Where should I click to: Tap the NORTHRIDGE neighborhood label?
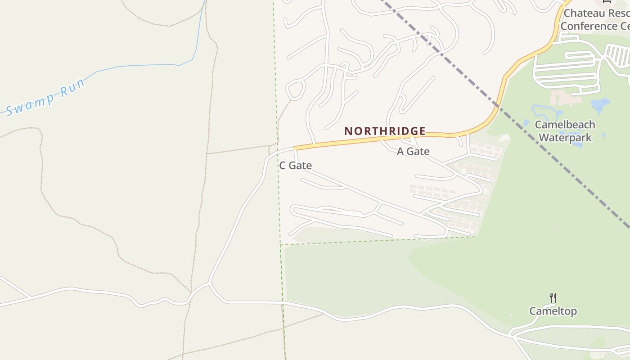pos(385,131)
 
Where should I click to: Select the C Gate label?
pos(295,166)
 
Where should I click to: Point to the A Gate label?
pos(413,152)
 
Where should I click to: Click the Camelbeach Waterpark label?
pos(565,131)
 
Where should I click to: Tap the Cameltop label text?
pos(553,311)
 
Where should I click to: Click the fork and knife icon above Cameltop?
pos(553,297)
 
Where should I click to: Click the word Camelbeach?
pos(565,125)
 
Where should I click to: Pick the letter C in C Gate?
pos(283,166)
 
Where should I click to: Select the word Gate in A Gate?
pos(419,152)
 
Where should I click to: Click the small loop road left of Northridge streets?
pos(295,88)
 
